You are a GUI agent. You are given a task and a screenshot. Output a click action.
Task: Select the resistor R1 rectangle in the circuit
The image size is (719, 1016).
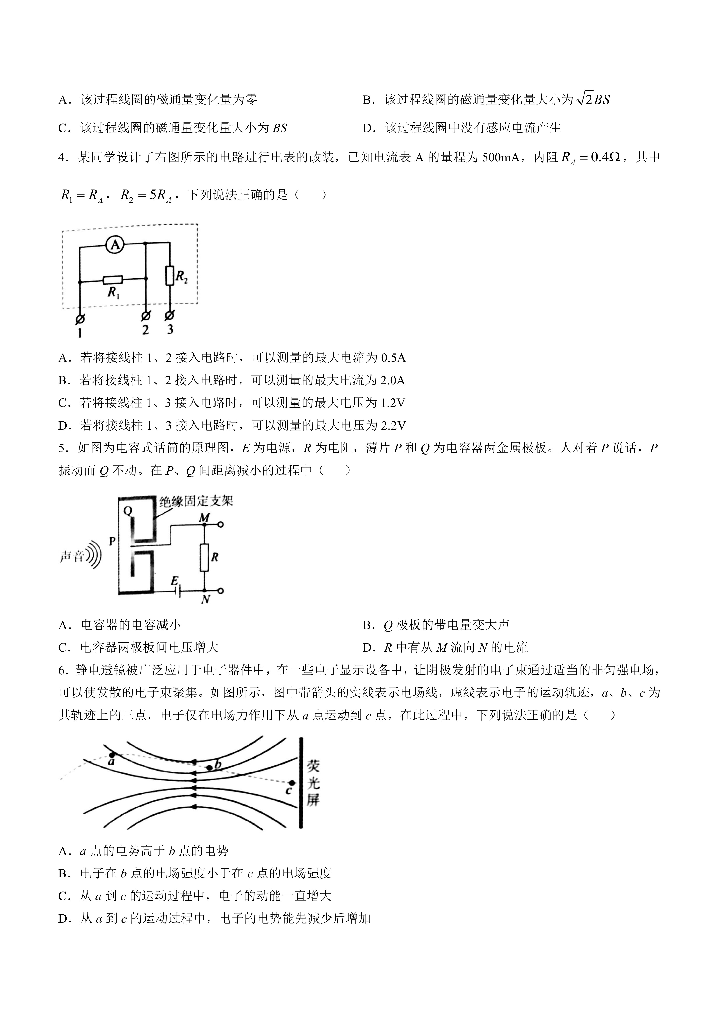coord(113,280)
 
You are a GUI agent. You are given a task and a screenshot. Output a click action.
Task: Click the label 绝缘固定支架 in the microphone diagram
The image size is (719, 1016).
coord(196,501)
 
